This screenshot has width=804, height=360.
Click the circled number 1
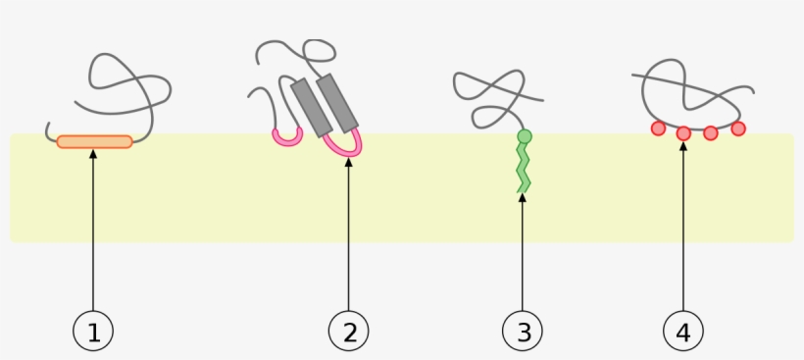pyautogui.click(x=93, y=332)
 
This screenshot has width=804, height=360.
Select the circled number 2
pyautogui.click(x=349, y=332)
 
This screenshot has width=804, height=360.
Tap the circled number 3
pyautogui.click(x=523, y=332)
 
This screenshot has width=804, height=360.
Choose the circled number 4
pyautogui.click(x=683, y=332)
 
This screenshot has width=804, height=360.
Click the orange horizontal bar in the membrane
pyautogui.click(x=94, y=142)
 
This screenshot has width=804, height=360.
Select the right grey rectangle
pyautogui.click(x=339, y=101)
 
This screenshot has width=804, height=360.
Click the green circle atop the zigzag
pyautogui.click(x=525, y=136)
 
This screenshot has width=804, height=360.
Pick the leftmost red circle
pyautogui.click(x=659, y=128)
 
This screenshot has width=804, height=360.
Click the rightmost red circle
pyautogui.click(x=738, y=128)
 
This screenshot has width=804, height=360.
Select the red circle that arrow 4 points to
pyautogui.click(x=683, y=133)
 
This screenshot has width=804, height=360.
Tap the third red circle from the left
pyautogui.click(x=711, y=133)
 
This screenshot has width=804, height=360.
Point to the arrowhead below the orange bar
pyautogui.click(x=93, y=155)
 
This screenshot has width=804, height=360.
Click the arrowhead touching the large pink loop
pyautogui.click(x=348, y=163)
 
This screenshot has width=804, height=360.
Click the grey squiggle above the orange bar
pyautogui.click(x=127, y=83)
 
